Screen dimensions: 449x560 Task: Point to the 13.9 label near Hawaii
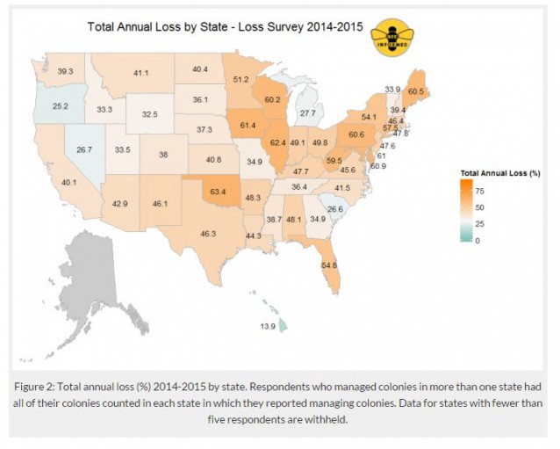point(266,326)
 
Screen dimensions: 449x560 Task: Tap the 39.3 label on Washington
point(65,70)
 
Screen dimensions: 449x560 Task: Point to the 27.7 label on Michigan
point(306,113)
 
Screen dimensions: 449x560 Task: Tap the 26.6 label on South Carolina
point(334,209)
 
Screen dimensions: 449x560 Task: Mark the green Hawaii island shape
point(285,327)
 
